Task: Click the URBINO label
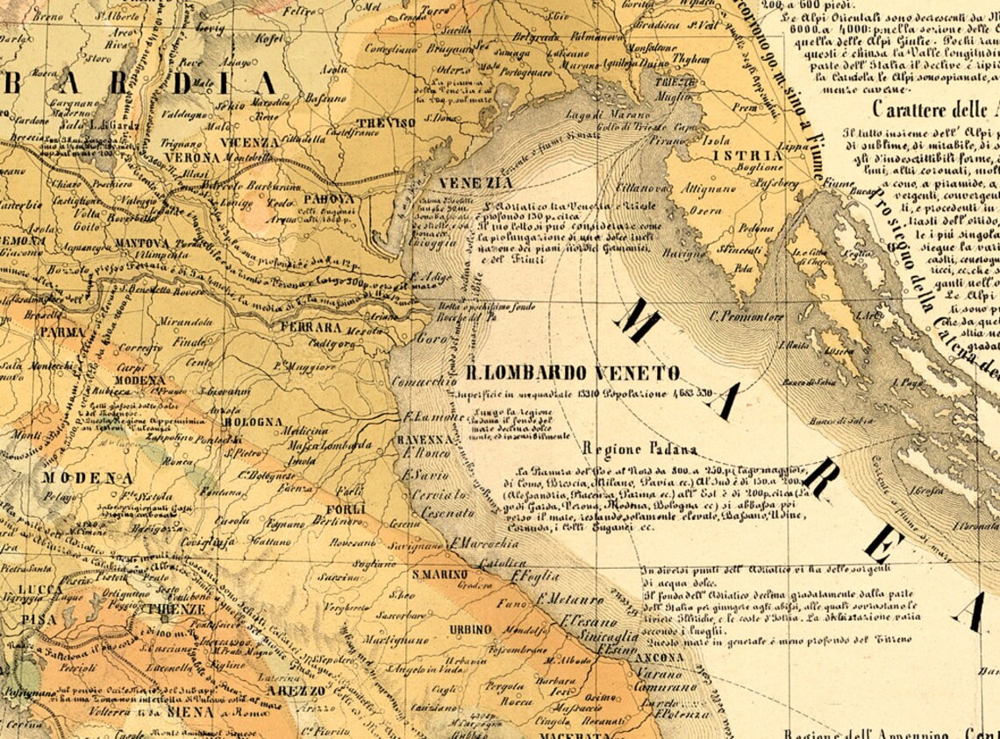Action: point(469,629)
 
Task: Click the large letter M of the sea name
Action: point(638,322)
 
